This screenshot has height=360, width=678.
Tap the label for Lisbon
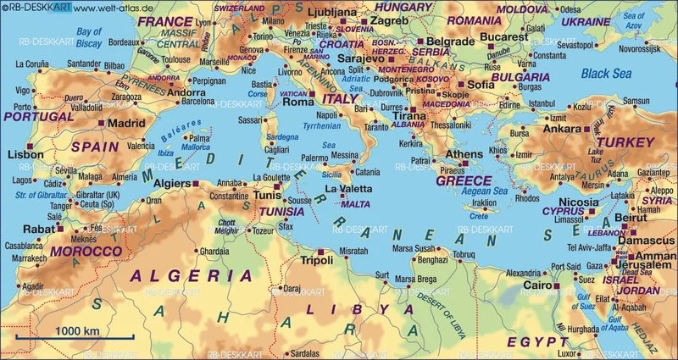tap(25, 155)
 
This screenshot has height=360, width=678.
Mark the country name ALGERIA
tap(190, 275)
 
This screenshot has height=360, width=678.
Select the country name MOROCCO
tap(86, 252)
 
